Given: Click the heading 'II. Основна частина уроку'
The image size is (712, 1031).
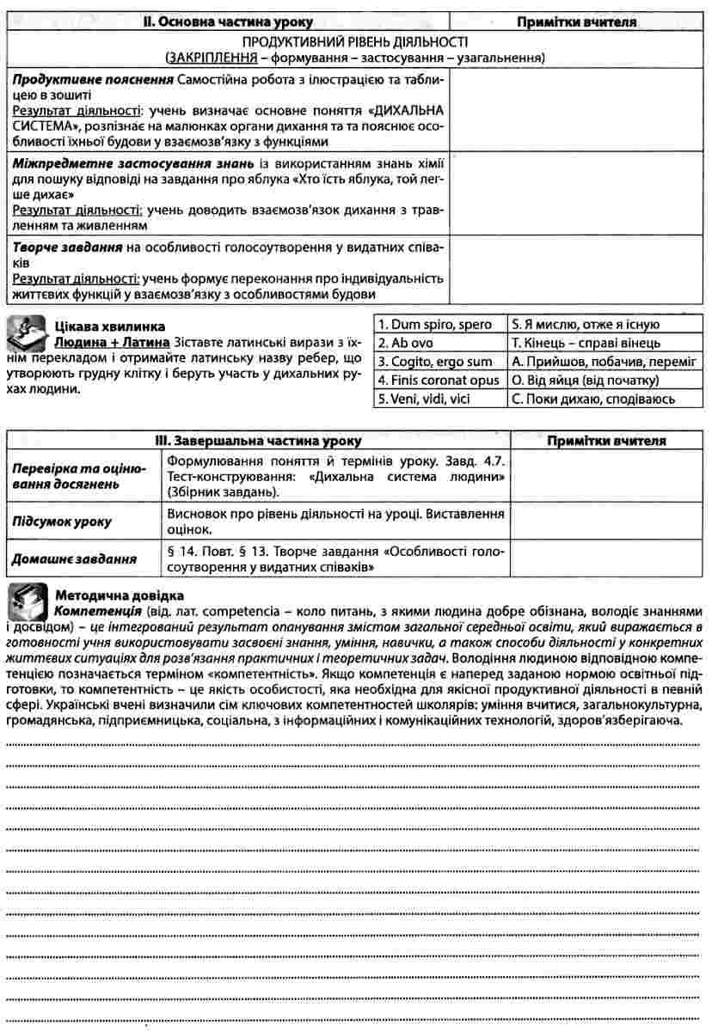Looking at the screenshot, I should [x=227, y=22].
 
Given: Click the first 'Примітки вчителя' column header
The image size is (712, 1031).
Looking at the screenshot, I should [x=576, y=22].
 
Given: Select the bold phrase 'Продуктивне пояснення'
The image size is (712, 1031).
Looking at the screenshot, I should [x=91, y=80].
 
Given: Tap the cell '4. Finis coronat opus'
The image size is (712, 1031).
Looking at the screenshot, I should [x=439, y=380].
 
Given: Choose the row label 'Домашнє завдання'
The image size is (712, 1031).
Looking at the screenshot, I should [x=73, y=558].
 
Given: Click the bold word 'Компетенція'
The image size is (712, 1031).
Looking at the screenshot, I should [x=97, y=611].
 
